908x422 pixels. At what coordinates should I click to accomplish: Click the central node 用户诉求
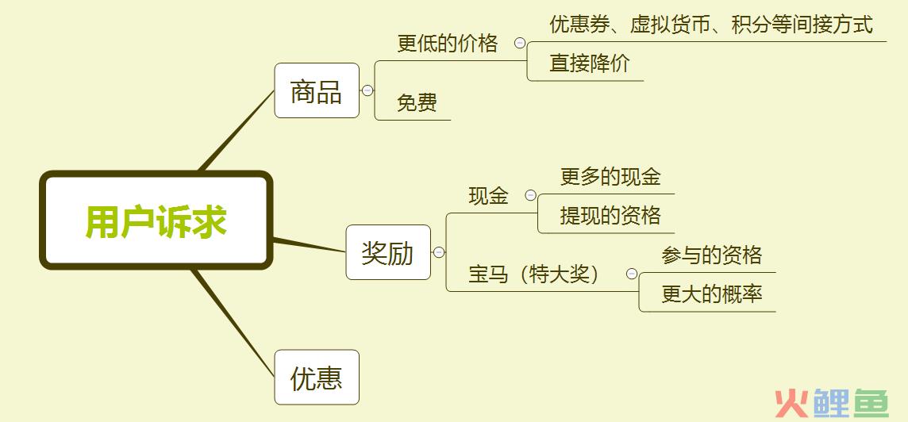pyautogui.click(x=156, y=221)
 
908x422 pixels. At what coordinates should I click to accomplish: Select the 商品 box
pyautogui.click(x=317, y=90)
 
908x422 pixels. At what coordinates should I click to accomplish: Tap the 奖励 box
pyautogui.click(x=388, y=252)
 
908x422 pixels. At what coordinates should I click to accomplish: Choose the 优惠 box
pyautogui.click(x=317, y=378)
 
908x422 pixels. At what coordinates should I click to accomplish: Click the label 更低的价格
pyautogui.click(x=447, y=44)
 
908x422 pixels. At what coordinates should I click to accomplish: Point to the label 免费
pyautogui.click(x=417, y=103)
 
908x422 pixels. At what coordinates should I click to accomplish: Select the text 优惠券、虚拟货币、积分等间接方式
pyautogui.click(x=711, y=25)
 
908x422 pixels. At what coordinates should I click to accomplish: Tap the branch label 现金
pyautogui.click(x=488, y=196)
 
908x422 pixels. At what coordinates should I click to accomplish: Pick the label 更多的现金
pyautogui.click(x=610, y=177)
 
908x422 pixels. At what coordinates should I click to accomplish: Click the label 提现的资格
pyautogui.click(x=610, y=216)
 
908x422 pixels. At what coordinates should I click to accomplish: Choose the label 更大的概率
pyautogui.click(x=712, y=294)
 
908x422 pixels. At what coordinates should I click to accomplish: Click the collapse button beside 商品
pyautogui.click(x=367, y=90)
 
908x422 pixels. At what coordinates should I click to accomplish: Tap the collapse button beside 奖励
pyautogui.click(x=439, y=252)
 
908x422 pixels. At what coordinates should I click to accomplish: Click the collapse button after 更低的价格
pyautogui.click(x=520, y=42)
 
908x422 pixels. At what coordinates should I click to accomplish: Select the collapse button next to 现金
pyautogui.click(x=530, y=195)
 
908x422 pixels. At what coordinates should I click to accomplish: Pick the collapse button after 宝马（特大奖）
pyautogui.click(x=632, y=273)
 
